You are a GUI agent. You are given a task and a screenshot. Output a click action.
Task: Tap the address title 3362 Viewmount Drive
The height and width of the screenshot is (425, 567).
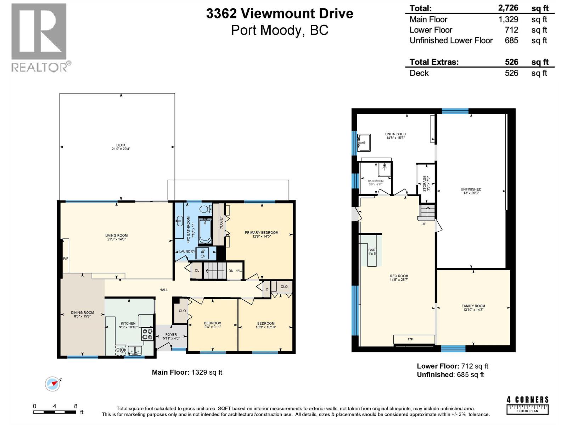coord(280,13)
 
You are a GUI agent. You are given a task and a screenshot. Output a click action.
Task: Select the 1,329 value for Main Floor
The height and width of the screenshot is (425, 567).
coord(508,19)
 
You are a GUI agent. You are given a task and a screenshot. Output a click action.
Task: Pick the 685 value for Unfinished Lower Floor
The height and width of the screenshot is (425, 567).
coord(511,40)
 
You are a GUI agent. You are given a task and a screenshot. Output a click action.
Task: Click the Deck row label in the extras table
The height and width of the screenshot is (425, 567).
coord(419,73)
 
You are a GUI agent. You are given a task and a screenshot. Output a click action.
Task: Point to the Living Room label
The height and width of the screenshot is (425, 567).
coord(116,237)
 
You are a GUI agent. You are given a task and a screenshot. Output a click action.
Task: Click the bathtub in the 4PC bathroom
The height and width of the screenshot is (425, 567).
coord(205,231)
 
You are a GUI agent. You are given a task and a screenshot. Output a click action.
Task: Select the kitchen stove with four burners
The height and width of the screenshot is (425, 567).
coord(147,334)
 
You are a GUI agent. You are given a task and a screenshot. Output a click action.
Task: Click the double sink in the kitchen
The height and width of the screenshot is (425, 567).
coord(135,351)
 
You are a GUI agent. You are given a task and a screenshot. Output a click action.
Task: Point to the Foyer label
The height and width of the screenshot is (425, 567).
coord(171,336)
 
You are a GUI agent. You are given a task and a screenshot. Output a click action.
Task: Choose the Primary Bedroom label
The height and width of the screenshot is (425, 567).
coord(262,234)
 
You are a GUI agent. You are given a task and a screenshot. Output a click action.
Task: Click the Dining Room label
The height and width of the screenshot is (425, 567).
coord(82,314)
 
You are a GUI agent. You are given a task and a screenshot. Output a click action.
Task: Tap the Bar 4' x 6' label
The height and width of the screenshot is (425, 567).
coord(372,252)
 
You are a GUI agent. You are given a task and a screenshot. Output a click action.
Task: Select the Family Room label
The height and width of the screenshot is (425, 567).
coord(473,308)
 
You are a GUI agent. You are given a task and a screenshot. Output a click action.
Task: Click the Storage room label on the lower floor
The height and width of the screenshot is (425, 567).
coord(426,183)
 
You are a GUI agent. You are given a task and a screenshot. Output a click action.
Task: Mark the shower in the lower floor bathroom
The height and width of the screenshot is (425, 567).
coord(384,169)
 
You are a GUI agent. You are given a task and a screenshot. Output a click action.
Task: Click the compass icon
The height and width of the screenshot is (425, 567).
coord(53,384)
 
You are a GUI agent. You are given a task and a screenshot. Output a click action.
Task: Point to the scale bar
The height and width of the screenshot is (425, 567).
coord(55,412)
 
